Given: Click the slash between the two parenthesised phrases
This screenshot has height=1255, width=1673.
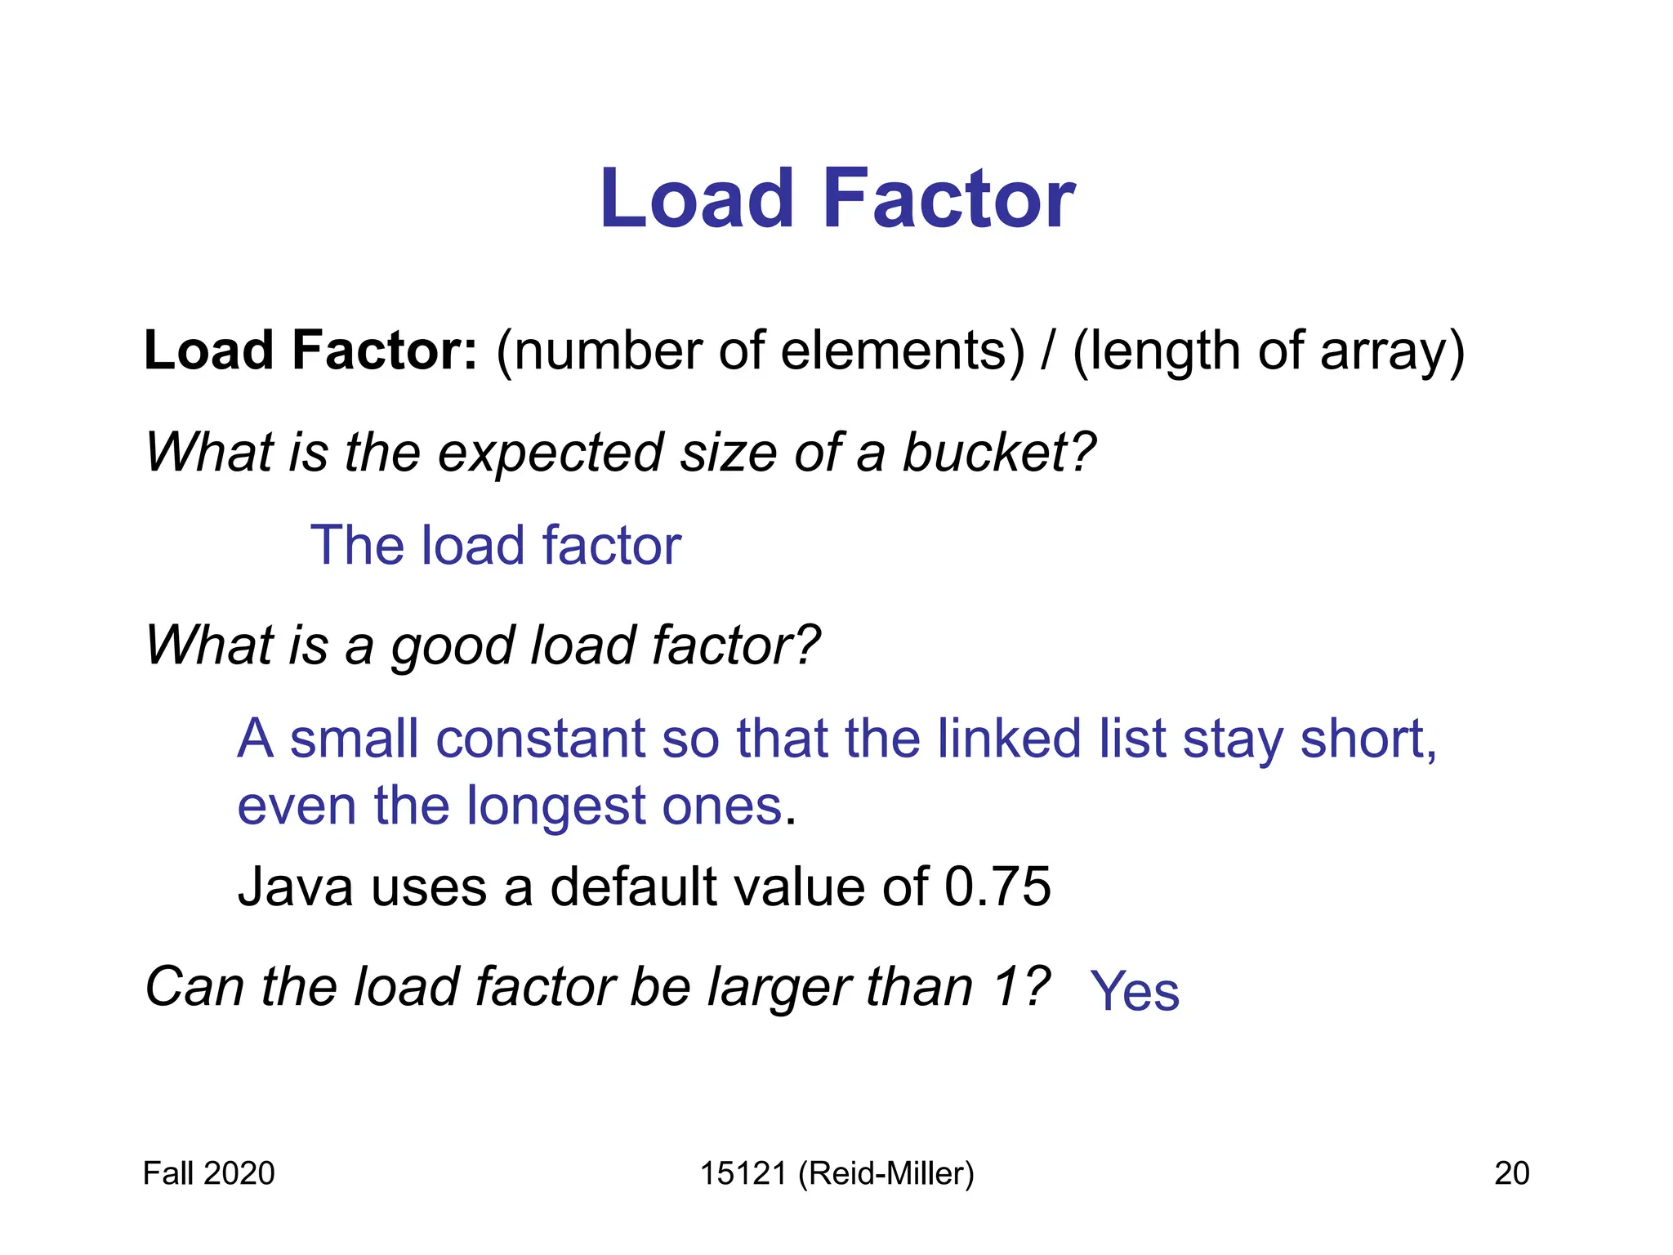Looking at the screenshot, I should pyautogui.click(x=1047, y=351).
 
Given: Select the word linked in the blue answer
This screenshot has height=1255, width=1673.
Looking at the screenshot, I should pyautogui.click(x=1005, y=739).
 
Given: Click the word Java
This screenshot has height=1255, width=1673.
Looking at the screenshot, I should pyautogui.click(x=295, y=887).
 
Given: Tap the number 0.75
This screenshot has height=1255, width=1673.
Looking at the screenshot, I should pyautogui.click(x=997, y=887).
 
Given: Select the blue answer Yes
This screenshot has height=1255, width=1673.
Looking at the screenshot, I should pyautogui.click(x=1135, y=992).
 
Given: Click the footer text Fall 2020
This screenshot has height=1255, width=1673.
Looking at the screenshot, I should pyautogui.click(x=208, y=1173).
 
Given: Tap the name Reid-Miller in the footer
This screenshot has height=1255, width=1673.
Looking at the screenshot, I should pyautogui.click(x=886, y=1173).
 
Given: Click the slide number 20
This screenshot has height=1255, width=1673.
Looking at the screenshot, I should pyautogui.click(x=1511, y=1173).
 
